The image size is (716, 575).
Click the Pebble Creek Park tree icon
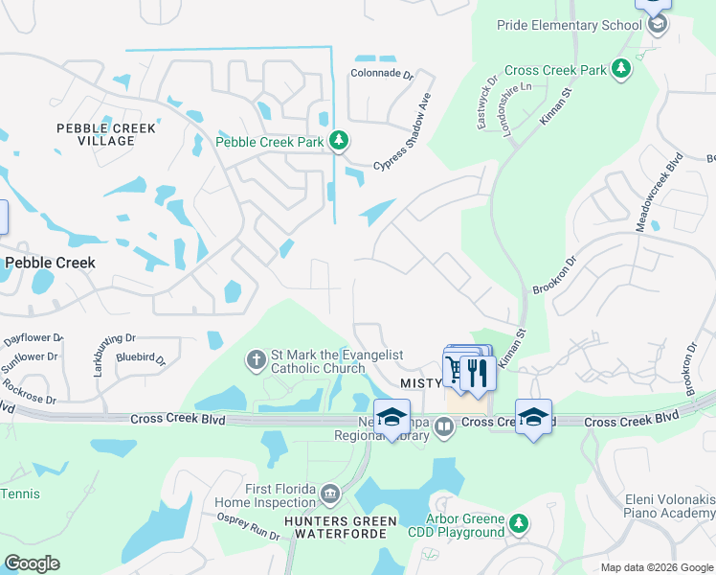(x=338, y=141)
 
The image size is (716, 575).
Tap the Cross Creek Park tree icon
(x=621, y=69)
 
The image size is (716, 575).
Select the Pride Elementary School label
(x=569, y=24)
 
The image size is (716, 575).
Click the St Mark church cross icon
(x=256, y=360)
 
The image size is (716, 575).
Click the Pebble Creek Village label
(x=95, y=134)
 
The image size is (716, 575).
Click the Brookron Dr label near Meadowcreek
(x=555, y=274)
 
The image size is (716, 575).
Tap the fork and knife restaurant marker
(x=478, y=371)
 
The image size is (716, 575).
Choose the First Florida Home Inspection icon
(x=330, y=494)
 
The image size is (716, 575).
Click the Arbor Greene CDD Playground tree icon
(x=518, y=523)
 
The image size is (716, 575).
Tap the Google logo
(x=32, y=563)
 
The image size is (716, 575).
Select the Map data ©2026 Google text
(x=656, y=567)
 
